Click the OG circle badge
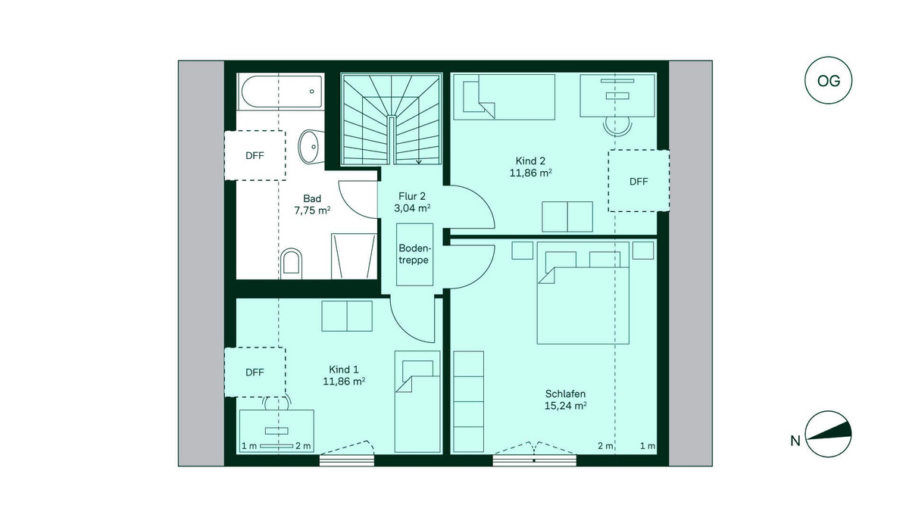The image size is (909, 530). [828, 80]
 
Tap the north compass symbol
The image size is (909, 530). [828, 435]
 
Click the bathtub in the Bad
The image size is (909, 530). [281, 92]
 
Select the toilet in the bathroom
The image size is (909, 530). [291, 263]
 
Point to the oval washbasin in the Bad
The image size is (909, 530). [311, 146]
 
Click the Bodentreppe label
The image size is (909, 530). [414, 254]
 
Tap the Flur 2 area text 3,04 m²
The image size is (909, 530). [412, 208]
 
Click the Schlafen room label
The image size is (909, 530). [565, 394]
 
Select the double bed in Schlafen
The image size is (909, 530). [583, 293]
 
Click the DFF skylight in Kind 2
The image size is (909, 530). [639, 181]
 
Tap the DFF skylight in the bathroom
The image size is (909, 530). [255, 155]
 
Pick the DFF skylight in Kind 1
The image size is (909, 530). [255, 372]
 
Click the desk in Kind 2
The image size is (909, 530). [617, 95]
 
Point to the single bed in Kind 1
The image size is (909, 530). [417, 401]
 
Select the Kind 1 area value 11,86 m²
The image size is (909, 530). [344, 381]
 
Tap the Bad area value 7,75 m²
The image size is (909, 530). [312, 210]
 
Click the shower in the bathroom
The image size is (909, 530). [354, 256]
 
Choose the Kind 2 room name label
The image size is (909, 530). [530, 161]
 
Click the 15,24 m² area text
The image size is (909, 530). [565, 406]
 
